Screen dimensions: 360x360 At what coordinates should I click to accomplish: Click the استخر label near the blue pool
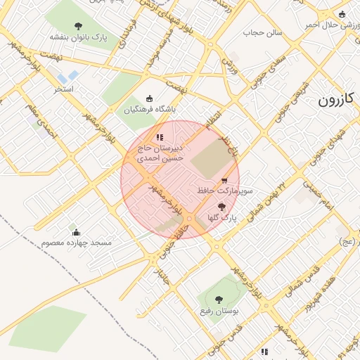pos(65,89)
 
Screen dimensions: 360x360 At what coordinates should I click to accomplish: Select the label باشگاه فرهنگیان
pos(150,110)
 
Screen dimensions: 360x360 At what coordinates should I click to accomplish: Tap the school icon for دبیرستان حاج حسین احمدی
pos(160,137)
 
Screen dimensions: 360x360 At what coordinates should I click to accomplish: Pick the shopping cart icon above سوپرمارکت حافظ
pos(224,181)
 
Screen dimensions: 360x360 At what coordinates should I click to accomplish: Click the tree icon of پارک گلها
pos(222,207)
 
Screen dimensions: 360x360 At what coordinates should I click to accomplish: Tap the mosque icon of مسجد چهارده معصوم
pos(76,232)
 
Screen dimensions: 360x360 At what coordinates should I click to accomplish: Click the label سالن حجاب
pos(262,32)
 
